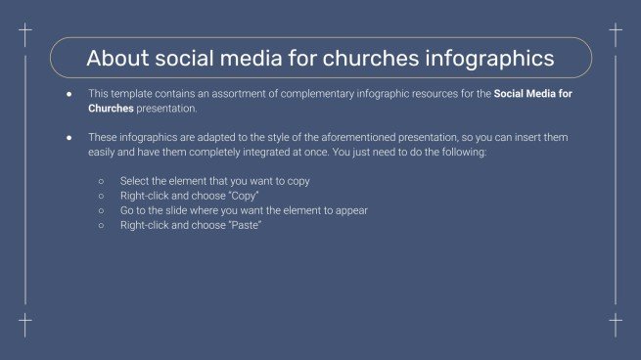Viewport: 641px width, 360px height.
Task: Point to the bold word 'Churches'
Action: coord(112,108)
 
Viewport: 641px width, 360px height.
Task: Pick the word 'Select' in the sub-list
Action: coord(135,181)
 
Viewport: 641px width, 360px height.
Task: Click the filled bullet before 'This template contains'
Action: coord(69,94)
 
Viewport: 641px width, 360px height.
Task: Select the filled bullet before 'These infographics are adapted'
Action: coord(69,138)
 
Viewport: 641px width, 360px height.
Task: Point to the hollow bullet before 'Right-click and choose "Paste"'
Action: coord(101,226)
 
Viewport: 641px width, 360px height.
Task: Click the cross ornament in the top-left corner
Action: coord(25,36)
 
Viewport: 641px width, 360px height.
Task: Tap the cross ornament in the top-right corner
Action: coord(616,36)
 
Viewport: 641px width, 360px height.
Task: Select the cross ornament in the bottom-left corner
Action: coord(25,324)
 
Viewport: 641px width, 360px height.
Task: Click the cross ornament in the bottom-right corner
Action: coord(616,324)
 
